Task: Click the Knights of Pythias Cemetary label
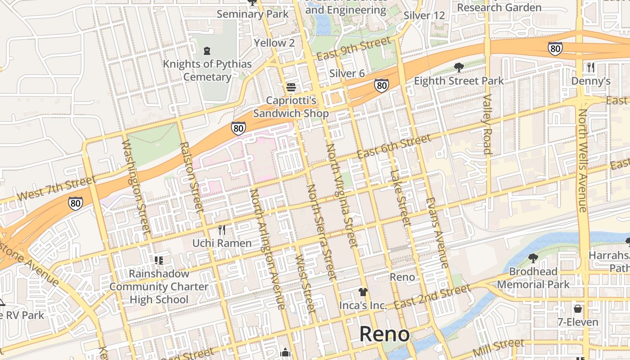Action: click(207, 70)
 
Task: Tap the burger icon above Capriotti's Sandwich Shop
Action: click(291, 87)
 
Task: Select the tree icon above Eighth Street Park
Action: click(459, 67)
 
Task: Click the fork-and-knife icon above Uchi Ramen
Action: click(221, 230)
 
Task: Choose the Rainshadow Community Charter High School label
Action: click(159, 287)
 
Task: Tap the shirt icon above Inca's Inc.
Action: click(363, 292)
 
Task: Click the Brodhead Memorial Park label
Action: click(533, 278)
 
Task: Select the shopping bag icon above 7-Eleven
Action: click(578, 309)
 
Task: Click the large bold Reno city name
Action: click(385, 334)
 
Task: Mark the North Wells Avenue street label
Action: click(583, 160)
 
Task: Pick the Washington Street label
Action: click(136, 186)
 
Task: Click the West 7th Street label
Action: click(56, 189)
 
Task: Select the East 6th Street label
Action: click(394, 147)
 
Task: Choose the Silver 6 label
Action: click(347, 73)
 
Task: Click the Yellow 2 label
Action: click(274, 43)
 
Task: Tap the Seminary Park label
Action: click(252, 14)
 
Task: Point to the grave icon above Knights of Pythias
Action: click(207, 50)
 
